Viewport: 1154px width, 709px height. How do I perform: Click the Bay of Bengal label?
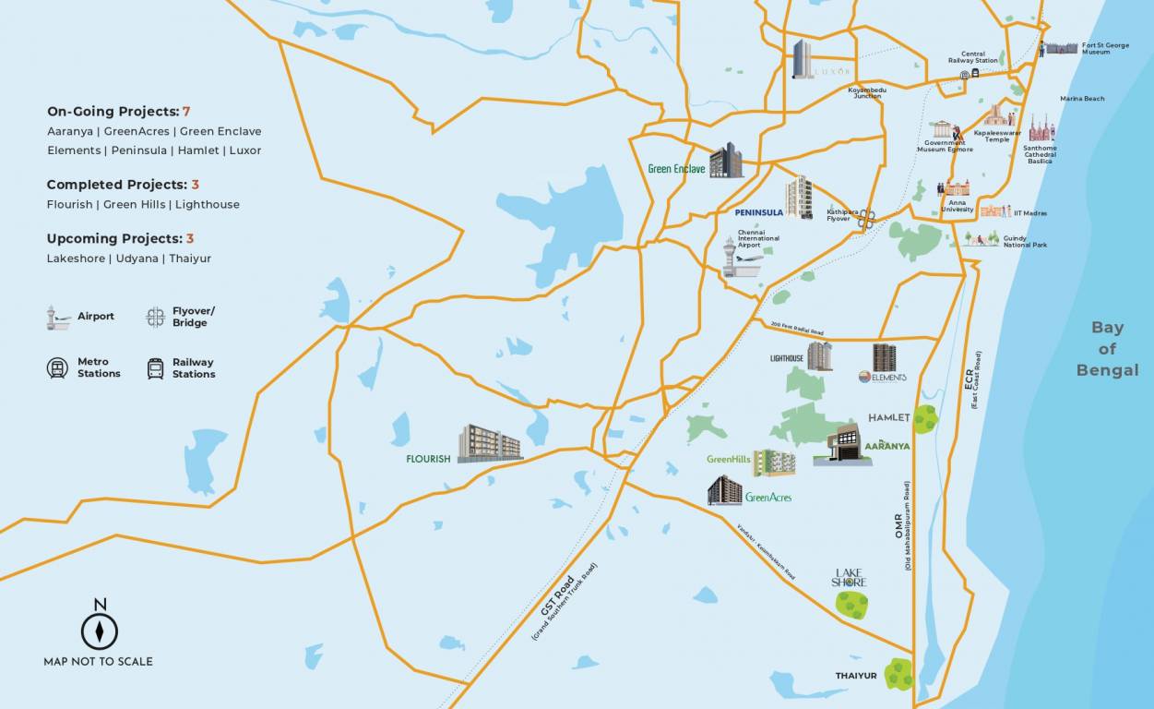pyautogui.click(x=1107, y=349)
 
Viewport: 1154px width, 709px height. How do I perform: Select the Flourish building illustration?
pyautogui.click(x=490, y=444)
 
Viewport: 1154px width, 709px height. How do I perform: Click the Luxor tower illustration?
pyautogui.click(x=803, y=59)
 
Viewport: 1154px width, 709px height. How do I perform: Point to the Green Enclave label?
pyautogui.click(x=676, y=169)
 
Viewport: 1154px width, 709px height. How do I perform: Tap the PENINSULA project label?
pyautogui.click(x=759, y=212)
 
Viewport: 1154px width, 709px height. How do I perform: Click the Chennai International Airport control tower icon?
pyautogui.click(x=731, y=258)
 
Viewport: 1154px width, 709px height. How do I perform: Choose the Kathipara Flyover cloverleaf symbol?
pyautogui.click(x=866, y=219)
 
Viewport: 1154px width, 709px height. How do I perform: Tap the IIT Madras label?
pyautogui.click(x=1030, y=213)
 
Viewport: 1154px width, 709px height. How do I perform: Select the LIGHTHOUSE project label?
pyautogui.click(x=787, y=358)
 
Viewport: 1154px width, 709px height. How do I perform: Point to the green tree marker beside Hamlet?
pyautogui.click(x=925, y=419)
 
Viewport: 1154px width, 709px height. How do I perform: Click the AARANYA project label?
pyautogui.click(x=887, y=446)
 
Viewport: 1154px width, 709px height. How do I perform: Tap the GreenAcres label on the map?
pyautogui.click(x=768, y=498)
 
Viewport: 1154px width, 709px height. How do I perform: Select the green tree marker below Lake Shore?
pyautogui.click(x=851, y=606)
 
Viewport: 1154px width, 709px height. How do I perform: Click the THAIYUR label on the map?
pyautogui.click(x=856, y=676)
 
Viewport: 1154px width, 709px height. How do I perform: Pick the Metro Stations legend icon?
pyautogui.click(x=57, y=368)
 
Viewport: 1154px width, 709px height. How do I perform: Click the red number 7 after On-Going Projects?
pyautogui.click(x=186, y=112)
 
